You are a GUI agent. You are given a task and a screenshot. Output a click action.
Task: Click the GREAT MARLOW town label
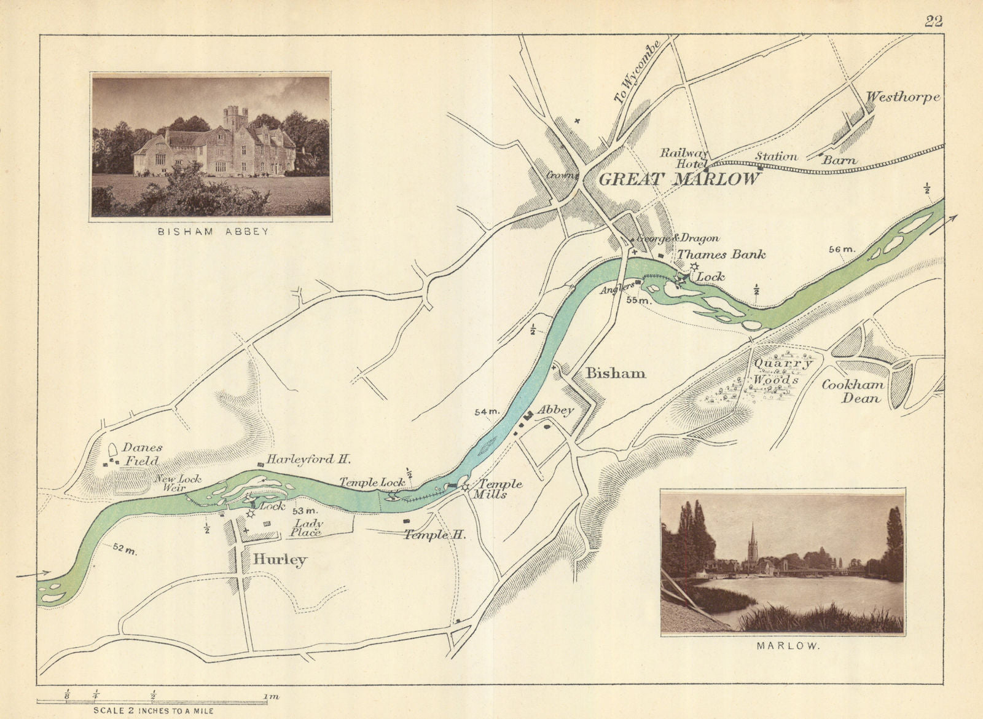(679, 179)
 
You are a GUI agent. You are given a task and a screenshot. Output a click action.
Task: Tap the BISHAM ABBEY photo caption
(212, 232)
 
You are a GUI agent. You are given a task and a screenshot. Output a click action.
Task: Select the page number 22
(933, 22)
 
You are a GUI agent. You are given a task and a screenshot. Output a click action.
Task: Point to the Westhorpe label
(903, 97)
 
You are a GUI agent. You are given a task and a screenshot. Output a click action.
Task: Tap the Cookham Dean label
(854, 391)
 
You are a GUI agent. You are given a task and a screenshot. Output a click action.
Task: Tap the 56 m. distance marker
(842, 249)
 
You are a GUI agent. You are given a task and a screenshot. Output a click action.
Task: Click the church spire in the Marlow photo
(751, 541)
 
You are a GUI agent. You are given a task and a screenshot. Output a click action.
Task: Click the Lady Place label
(308, 528)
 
